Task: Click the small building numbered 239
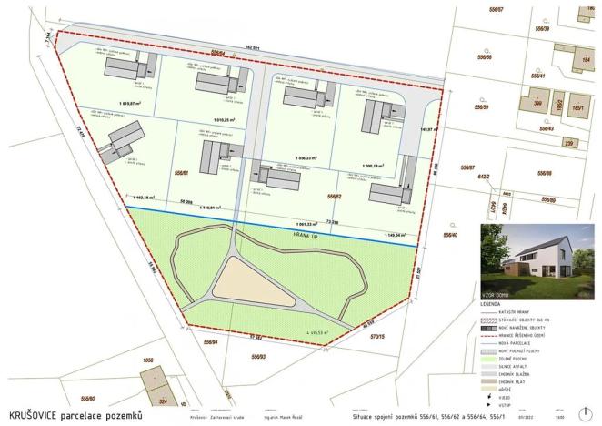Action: (x=567, y=143)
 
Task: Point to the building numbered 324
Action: (x=165, y=401)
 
